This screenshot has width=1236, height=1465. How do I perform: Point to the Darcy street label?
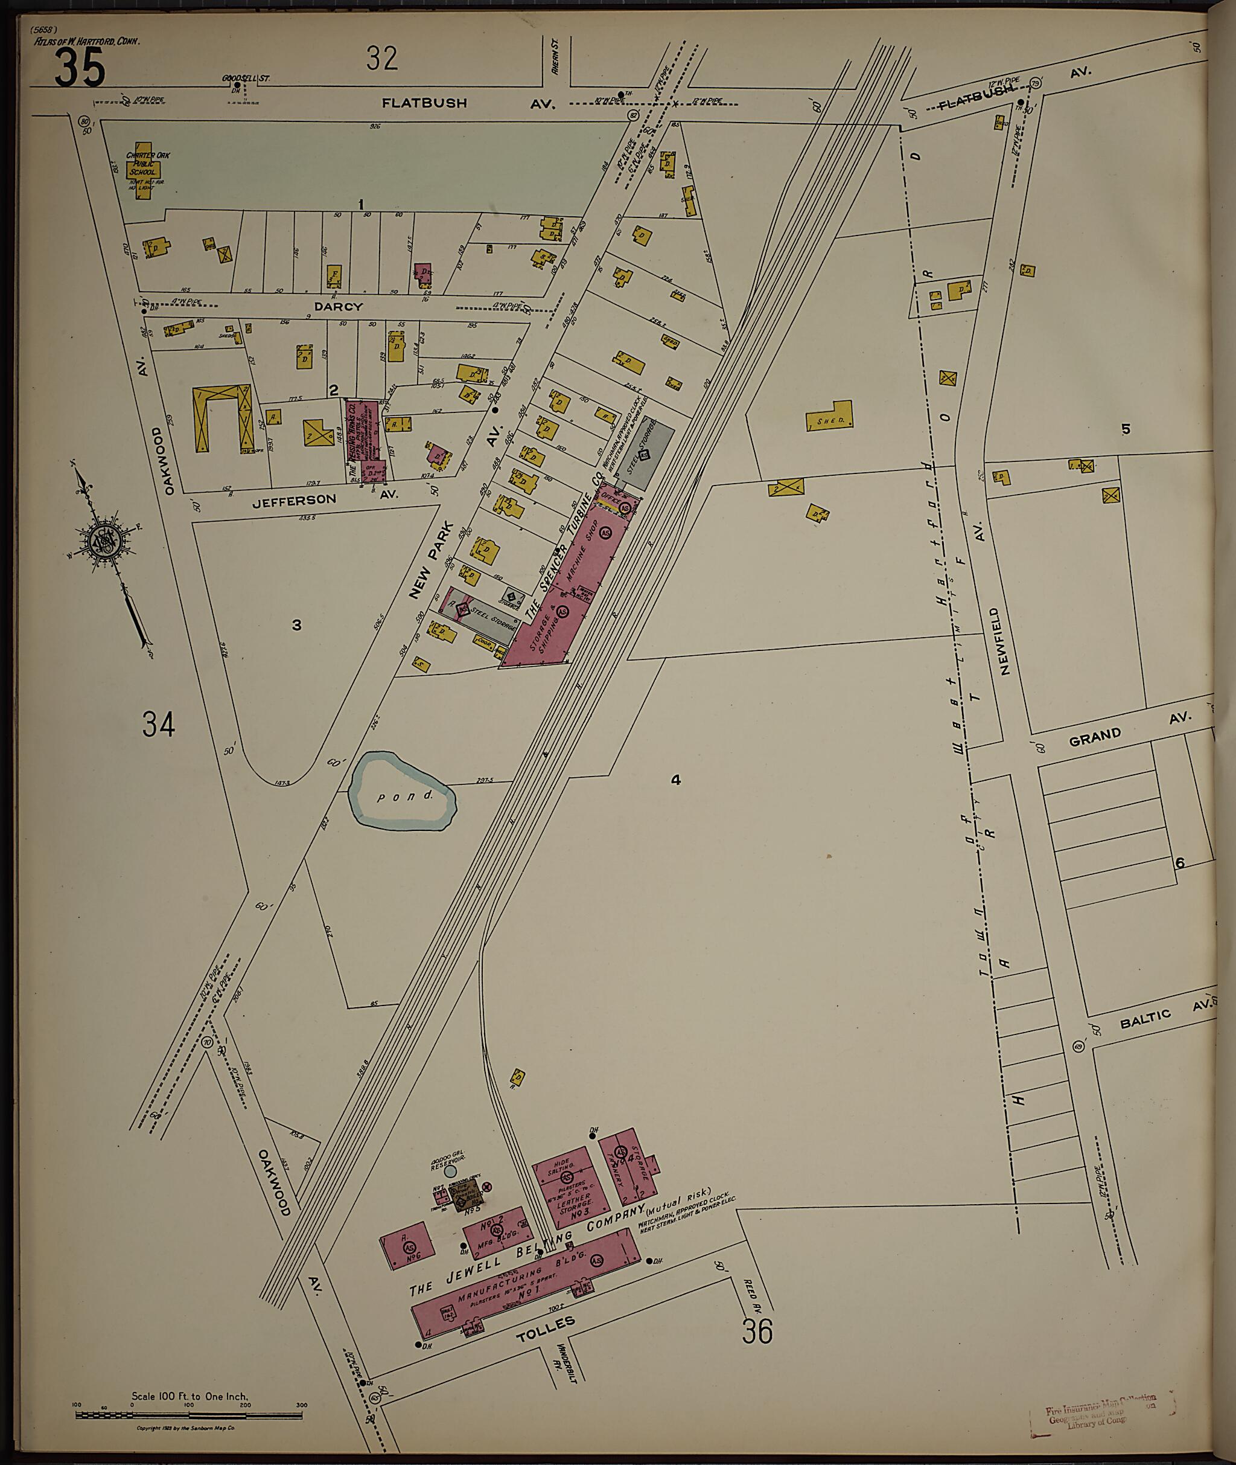[338, 306]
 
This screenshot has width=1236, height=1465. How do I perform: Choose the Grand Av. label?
[1095, 734]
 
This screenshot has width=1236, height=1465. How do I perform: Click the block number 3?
[296, 624]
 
